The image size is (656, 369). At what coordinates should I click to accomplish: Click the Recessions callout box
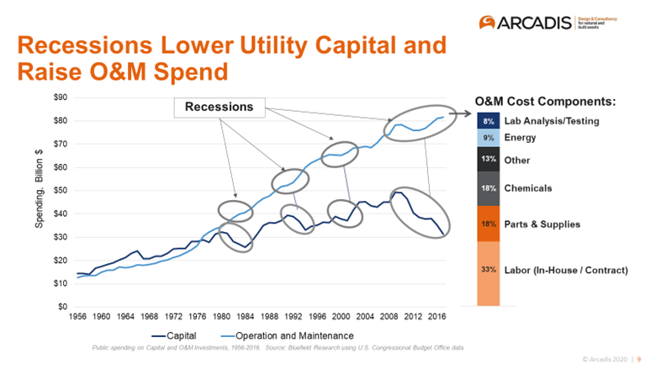(220, 108)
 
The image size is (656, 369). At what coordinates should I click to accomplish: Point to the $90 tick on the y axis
(60, 98)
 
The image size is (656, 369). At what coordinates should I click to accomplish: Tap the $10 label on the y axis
(60, 283)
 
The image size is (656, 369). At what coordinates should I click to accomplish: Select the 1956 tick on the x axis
(77, 319)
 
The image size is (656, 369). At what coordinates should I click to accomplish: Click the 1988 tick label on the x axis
(270, 319)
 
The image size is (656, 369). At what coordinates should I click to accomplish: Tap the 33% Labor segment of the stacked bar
(488, 271)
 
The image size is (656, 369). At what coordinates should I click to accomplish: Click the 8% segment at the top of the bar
(488, 121)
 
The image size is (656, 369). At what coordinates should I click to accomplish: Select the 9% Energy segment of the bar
(488, 137)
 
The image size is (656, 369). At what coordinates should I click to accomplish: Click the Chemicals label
(527, 188)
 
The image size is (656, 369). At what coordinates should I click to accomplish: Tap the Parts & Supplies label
(542, 224)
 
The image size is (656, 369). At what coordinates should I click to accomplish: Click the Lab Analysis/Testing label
(552, 121)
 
